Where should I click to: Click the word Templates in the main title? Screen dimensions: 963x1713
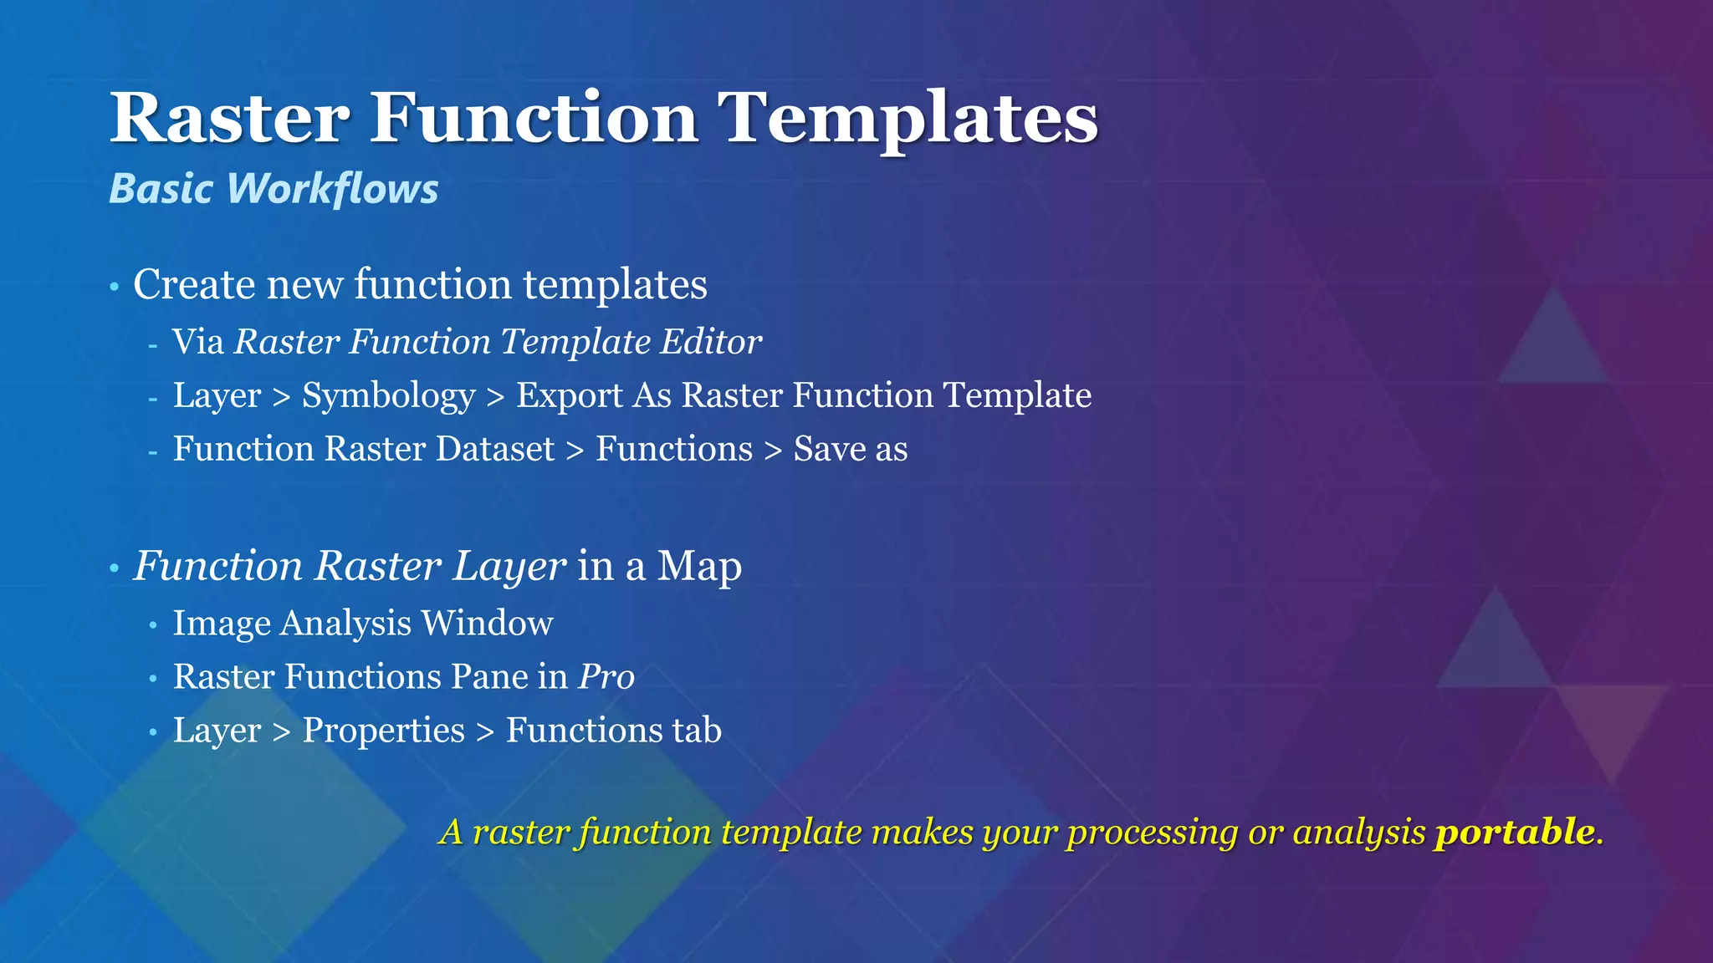909,119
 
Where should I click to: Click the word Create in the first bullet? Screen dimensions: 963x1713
194,284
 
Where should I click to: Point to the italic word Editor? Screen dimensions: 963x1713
711,342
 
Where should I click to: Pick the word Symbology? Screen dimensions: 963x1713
388,396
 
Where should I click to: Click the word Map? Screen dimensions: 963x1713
699,566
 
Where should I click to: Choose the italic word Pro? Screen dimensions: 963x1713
606,676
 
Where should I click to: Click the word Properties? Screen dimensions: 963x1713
383,731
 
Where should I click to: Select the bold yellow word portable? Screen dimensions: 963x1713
1514,833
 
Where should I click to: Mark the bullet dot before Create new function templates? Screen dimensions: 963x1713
115,288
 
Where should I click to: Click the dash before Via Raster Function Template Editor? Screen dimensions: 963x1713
152,344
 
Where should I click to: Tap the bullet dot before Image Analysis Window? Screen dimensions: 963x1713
152,625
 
